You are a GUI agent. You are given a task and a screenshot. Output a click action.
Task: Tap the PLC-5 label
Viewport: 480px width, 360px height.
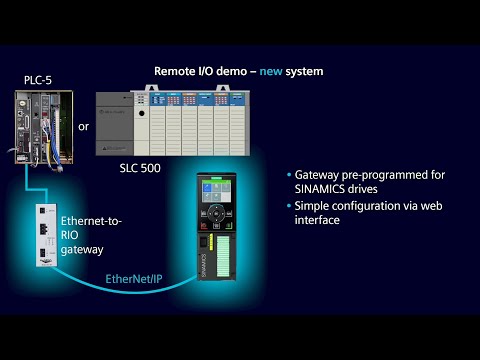click(38, 79)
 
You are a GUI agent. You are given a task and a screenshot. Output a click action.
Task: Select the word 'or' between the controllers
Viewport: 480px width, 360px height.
click(84, 126)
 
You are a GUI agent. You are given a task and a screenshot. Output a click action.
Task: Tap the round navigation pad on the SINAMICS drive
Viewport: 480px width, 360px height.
click(217, 220)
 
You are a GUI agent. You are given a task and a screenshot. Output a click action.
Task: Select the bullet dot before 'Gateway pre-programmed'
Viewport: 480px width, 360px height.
click(288, 174)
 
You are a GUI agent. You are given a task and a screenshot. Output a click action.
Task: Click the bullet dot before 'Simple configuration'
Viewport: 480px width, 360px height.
click(288, 205)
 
